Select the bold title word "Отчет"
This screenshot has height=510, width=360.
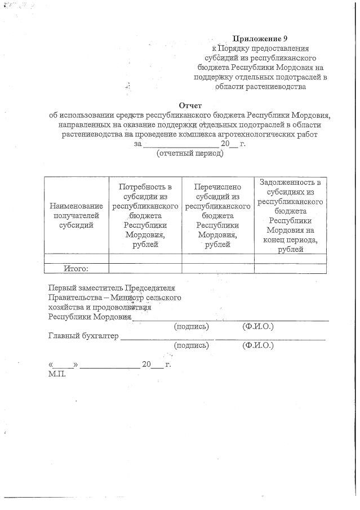pos(190,105)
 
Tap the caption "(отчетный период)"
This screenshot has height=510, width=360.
pos(190,154)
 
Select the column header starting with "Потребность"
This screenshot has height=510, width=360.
pos(145,215)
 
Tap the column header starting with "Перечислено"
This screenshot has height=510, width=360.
pos(217,215)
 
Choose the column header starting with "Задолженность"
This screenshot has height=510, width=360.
pos(291,215)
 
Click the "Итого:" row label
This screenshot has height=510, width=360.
pos(77,268)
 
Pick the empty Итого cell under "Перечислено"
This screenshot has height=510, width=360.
pos(217,268)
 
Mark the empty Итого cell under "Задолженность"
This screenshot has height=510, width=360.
pos(291,268)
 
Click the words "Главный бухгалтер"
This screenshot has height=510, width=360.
pos(84,336)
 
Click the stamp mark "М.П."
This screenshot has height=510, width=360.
pos(57,374)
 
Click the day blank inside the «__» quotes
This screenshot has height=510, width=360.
pos(64,365)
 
